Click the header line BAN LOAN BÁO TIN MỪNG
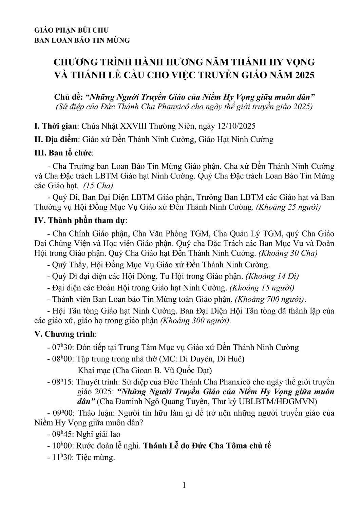coord(82,40)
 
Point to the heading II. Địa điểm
coord(56,139)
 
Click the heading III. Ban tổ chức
coord(64,152)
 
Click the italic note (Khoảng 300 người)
coord(195,320)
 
